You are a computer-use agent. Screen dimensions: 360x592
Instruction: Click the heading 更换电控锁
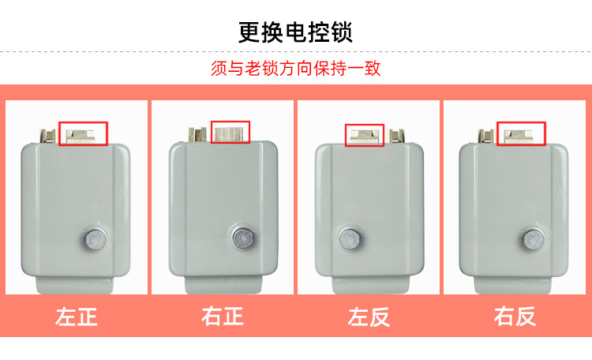pyautogui.click(x=295, y=32)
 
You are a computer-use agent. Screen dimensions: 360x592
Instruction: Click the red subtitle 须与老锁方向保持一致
pyautogui.click(x=296, y=69)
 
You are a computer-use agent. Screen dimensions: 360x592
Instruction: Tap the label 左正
pyautogui.click(x=77, y=317)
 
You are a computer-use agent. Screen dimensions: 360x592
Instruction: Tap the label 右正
pyautogui.click(x=223, y=317)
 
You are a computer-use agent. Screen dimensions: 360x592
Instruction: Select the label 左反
pyautogui.click(x=369, y=317)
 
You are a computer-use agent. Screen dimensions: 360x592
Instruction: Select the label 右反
pyautogui.click(x=515, y=317)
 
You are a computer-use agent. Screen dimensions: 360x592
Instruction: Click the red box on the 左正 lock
pyautogui.click(x=83, y=133)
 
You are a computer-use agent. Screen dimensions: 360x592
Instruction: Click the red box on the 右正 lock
pyautogui.click(x=230, y=132)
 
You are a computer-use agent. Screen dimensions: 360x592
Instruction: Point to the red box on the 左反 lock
pyautogui.click(x=365, y=135)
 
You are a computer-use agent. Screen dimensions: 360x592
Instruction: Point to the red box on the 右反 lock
pyautogui.click(x=521, y=133)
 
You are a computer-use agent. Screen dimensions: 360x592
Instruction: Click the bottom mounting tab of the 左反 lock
pyautogui.click(x=369, y=284)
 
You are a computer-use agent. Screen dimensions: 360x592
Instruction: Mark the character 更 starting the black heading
pyautogui.click(x=250, y=32)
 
